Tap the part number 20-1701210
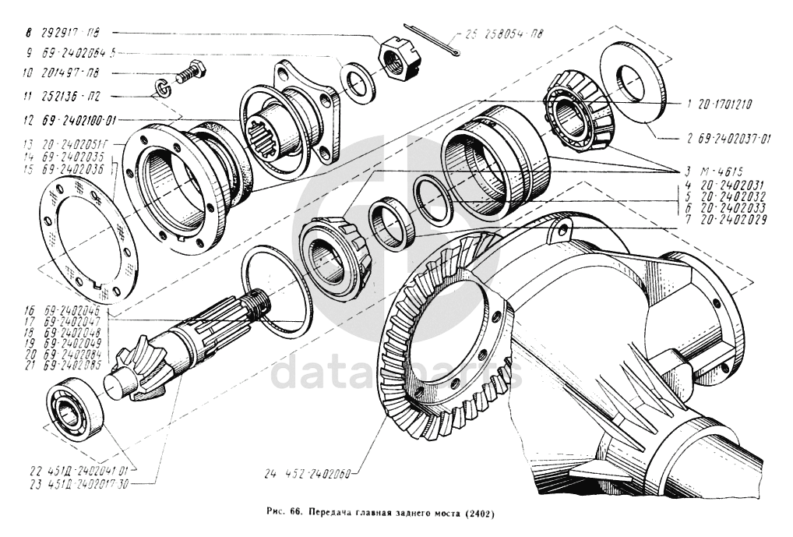tap(724, 103)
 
